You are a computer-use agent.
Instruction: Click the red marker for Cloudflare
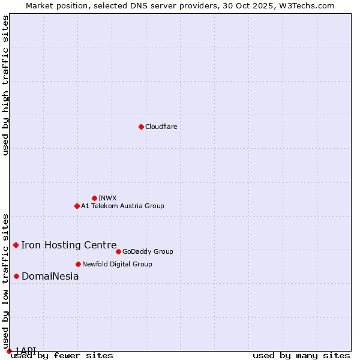point(141,127)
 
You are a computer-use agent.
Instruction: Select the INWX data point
point(94,198)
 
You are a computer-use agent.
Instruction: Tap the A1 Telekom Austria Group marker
point(77,206)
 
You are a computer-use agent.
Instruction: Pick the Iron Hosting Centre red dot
point(16,245)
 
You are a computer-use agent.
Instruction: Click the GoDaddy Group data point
point(118,251)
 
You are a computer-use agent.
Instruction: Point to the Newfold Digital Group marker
point(78,264)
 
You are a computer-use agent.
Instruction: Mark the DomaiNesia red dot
point(16,276)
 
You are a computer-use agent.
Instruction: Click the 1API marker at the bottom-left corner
point(9,351)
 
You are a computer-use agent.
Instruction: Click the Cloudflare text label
point(161,127)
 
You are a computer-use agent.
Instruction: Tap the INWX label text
point(107,198)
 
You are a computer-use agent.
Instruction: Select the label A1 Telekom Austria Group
point(122,206)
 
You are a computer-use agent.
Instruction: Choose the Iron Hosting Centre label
point(69,245)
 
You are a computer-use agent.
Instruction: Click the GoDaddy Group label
point(148,251)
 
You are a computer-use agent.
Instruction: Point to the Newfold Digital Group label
point(117,264)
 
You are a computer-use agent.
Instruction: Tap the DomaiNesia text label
point(50,276)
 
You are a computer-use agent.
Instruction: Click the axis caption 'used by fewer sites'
point(62,355)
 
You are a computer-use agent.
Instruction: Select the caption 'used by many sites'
point(301,355)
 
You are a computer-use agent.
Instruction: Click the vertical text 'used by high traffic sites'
point(6,85)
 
